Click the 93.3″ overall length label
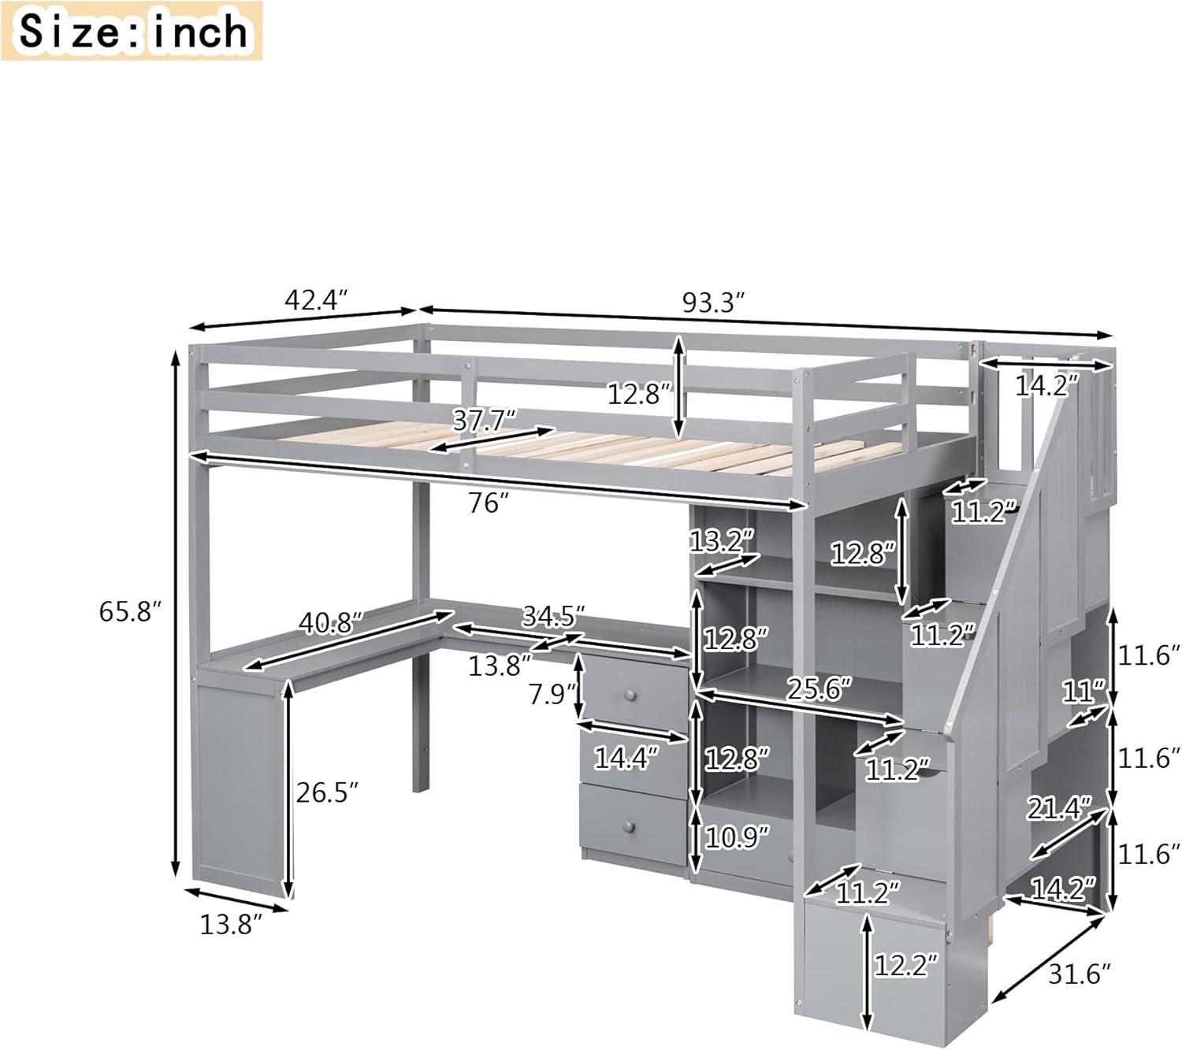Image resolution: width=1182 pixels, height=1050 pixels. [713, 302]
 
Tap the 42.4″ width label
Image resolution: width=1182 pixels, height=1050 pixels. [315, 300]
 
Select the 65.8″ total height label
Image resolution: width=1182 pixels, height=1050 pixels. [130, 611]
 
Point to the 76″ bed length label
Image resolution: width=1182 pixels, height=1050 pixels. [485, 503]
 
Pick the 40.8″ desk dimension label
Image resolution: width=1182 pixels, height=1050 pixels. [330, 623]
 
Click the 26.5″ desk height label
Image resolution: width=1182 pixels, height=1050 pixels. [327, 792]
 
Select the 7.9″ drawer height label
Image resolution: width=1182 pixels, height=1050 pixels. [551, 695]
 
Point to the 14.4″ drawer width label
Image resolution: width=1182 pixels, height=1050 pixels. [626, 758]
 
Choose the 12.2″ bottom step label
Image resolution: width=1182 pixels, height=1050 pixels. [907, 965]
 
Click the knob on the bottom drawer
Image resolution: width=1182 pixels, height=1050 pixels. [628, 825]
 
